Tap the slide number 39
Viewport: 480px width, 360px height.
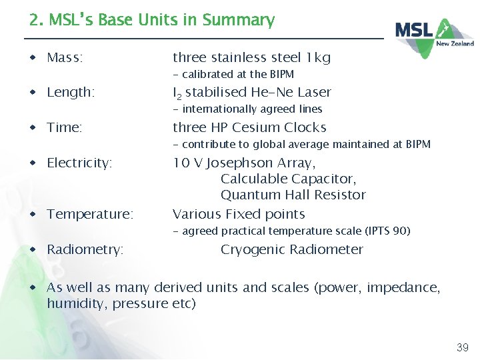[462, 347]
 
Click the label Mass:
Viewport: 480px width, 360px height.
[65, 58]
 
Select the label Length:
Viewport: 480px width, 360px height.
[71, 93]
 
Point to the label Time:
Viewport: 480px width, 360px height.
[65, 127]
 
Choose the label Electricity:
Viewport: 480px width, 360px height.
[79, 163]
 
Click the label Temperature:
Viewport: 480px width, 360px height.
[90, 214]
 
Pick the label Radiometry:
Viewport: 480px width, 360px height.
[85, 249]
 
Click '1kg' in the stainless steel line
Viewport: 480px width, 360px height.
[317, 58]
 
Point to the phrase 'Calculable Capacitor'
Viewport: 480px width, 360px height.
[288, 179]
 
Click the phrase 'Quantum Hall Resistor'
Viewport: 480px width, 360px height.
[293, 195]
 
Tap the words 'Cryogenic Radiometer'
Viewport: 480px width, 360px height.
[292, 249]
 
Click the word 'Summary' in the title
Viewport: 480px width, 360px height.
[239, 21]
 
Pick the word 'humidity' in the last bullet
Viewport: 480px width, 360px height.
[73, 304]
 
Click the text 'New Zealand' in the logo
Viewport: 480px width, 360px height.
[455, 43]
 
